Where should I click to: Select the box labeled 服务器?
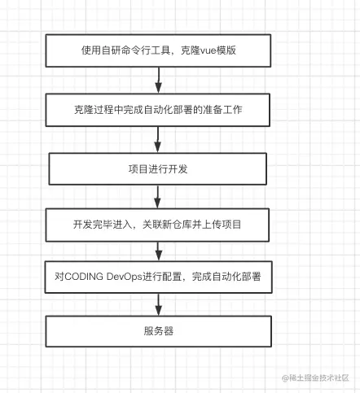[159, 331]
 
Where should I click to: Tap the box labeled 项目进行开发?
[158, 169]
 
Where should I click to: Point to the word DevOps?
[125, 277]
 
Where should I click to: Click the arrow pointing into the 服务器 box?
[159, 304]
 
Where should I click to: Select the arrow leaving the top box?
[159, 81]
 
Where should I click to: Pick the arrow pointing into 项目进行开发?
[158, 140]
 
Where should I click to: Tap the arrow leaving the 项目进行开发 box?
[157, 197]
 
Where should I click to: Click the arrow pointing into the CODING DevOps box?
[159, 251]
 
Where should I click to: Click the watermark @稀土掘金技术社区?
[315, 378]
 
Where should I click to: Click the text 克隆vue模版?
[209, 50]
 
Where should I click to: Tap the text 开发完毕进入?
[103, 225]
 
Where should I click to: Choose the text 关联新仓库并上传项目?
[191, 225]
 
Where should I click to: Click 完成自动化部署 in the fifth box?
[226, 277]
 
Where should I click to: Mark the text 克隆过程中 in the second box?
[99, 110]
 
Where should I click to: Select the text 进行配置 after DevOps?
[162, 277]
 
